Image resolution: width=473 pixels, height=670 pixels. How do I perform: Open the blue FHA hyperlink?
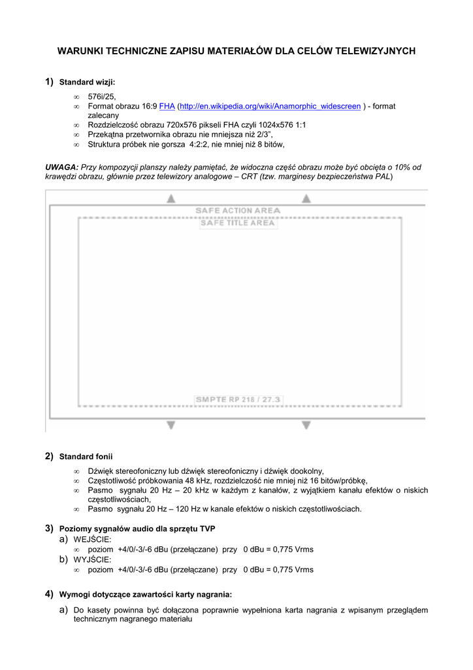(x=167, y=106)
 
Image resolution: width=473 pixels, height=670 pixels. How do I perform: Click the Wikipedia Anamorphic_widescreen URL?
(x=270, y=106)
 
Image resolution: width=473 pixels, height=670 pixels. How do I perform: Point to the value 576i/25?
(x=101, y=96)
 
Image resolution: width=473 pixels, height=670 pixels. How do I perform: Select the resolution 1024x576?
(x=274, y=124)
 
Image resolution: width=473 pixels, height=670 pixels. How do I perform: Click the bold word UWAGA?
(x=62, y=167)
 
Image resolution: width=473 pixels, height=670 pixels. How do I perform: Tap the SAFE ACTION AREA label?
(x=238, y=211)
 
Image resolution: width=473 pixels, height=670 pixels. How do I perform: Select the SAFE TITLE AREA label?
(x=237, y=223)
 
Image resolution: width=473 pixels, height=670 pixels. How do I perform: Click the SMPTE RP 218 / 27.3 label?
(x=238, y=399)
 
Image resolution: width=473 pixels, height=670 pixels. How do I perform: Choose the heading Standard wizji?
(x=87, y=82)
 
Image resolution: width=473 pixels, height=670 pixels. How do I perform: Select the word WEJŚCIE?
(x=92, y=539)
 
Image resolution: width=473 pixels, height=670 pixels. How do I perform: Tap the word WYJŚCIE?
(x=92, y=560)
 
